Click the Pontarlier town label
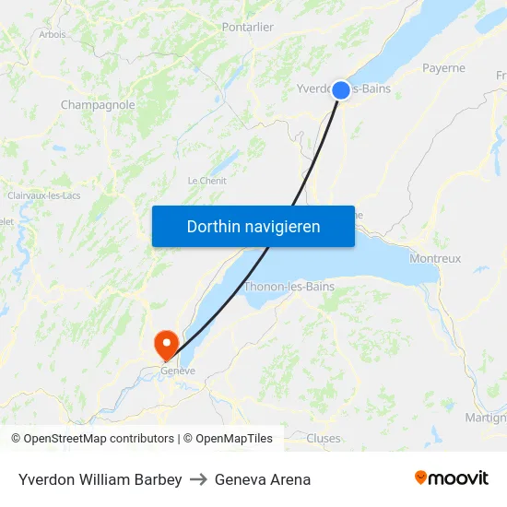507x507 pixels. click(247, 27)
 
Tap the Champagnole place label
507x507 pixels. click(98, 105)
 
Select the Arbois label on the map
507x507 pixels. click(53, 34)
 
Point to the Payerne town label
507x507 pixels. click(443, 68)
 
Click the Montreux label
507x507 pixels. click(435, 259)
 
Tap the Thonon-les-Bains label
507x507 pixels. click(289, 287)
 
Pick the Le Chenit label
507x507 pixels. click(206, 181)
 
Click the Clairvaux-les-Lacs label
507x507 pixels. click(44, 195)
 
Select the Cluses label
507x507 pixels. click(324, 439)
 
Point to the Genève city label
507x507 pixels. click(178, 371)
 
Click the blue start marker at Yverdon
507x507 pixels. click(340, 89)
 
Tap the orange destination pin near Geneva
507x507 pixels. click(167, 345)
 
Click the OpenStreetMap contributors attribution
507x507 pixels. click(92, 439)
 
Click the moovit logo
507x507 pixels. click(451, 478)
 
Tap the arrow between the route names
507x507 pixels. click(198, 479)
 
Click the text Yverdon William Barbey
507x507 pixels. click(100, 479)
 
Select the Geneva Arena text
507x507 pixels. click(263, 479)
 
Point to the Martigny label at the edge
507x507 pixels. click(486, 418)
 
